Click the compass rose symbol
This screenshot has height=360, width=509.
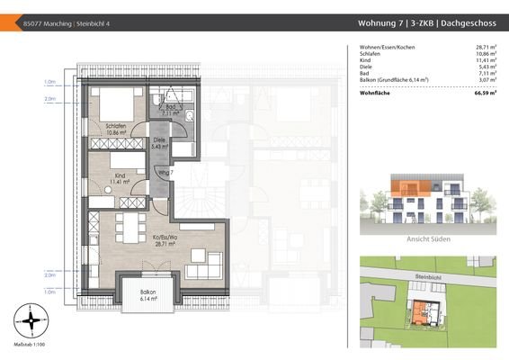coord(31,319)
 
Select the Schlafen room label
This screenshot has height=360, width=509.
coord(114,128)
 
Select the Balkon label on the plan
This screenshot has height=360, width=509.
coord(148,295)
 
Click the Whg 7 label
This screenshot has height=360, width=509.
coord(165,172)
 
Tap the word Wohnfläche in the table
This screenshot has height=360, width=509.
coord(375,93)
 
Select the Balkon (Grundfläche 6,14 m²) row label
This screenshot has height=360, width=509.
coord(394,80)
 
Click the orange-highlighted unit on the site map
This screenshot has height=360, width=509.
coord(418,311)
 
